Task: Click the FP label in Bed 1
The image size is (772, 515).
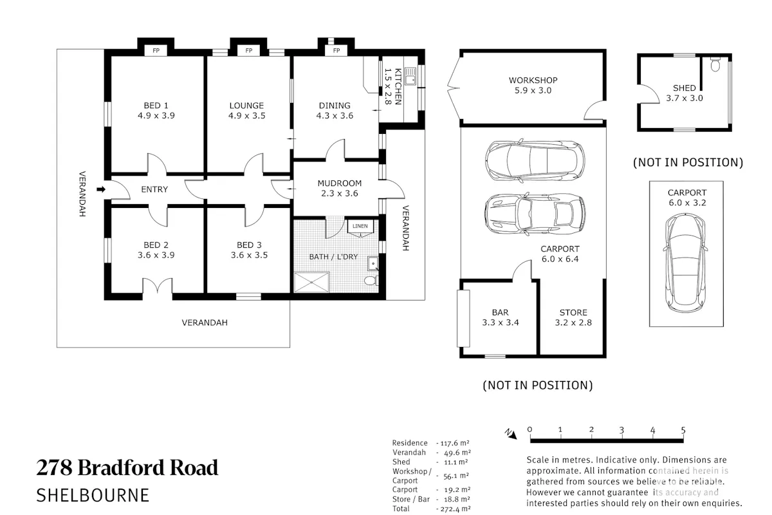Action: [156, 51]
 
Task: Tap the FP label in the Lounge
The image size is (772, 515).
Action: [249, 51]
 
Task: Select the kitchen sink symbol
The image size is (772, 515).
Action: [410, 76]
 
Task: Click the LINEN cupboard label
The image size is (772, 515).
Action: [360, 226]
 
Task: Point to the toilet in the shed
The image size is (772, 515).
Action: [715, 64]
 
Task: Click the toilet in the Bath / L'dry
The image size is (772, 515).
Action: [371, 280]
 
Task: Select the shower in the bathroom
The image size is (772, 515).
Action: [312, 282]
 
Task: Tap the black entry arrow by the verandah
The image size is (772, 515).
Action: [100, 189]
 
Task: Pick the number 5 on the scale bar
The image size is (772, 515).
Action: [683, 430]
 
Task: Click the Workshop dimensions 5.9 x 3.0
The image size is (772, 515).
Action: [533, 90]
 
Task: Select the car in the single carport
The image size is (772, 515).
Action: [685, 263]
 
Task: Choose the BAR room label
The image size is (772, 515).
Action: [500, 312]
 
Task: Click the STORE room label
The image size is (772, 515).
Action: [573, 312]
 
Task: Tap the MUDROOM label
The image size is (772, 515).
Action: [340, 183]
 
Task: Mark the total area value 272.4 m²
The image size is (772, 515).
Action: [455, 509]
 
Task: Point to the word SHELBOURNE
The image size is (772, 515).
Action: [93, 495]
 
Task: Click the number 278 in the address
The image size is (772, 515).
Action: [55, 467]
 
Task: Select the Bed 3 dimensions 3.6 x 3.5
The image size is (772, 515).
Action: [249, 255]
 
